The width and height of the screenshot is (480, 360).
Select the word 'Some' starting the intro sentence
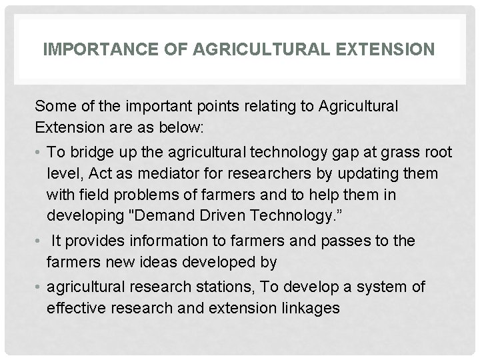[x=52, y=105]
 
